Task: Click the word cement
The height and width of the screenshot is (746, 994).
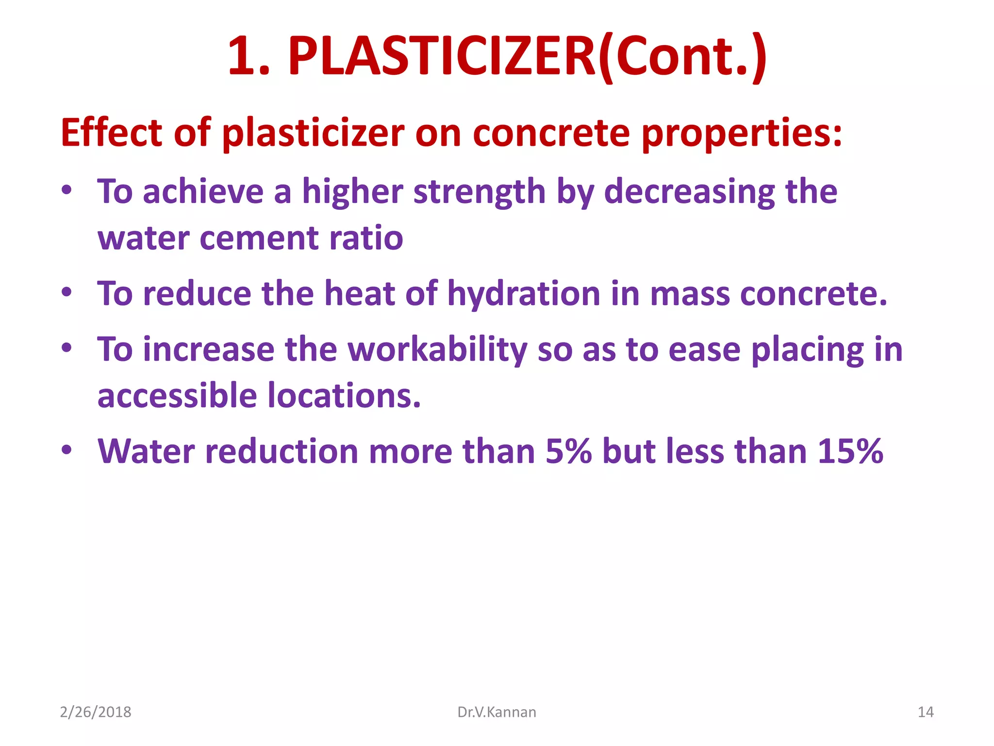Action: [x=260, y=238]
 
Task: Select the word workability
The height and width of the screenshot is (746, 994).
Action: [x=437, y=350]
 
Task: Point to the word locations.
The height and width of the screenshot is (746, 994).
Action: [x=344, y=395]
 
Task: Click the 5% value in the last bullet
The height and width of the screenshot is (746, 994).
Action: [x=568, y=451]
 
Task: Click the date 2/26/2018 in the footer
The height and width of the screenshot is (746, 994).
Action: [x=96, y=712]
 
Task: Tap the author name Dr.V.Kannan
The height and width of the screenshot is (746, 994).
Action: [x=497, y=712]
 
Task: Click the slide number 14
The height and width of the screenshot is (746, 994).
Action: [x=925, y=712]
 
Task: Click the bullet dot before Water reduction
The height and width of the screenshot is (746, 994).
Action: [x=67, y=450]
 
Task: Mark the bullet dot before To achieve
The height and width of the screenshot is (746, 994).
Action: [x=67, y=190]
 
